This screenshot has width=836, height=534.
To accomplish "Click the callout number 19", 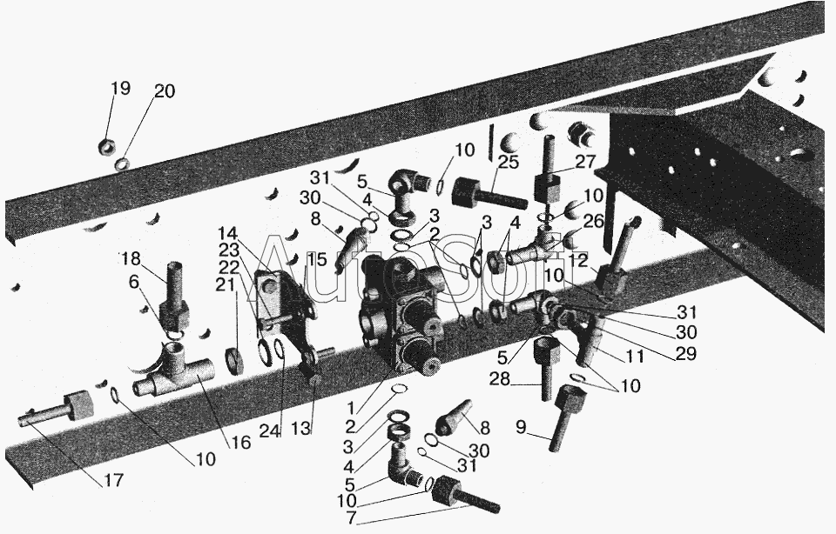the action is (x=120, y=89).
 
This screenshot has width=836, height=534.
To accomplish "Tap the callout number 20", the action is (x=165, y=91).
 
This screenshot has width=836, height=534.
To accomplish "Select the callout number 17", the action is (x=113, y=480).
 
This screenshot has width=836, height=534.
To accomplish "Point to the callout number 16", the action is (x=240, y=442).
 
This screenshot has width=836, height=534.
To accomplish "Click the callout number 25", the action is (x=509, y=162).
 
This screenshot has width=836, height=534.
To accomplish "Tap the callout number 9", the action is (x=521, y=428).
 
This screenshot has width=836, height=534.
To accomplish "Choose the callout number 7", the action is (x=350, y=517).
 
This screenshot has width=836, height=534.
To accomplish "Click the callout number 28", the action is (x=500, y=379).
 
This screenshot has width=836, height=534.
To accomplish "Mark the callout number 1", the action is (x=350, y=409).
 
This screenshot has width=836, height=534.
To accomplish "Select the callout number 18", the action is (x=131, y=259).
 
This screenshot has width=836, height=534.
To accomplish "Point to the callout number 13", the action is (x=300, y=428).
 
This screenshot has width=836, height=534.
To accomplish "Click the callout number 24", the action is (x=270, y=431).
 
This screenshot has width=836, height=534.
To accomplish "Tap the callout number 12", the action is (x=578, y=260).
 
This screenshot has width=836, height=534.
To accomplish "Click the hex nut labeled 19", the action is (x=109, y=145).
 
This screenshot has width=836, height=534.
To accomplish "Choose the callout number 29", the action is (x=687, y=352).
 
